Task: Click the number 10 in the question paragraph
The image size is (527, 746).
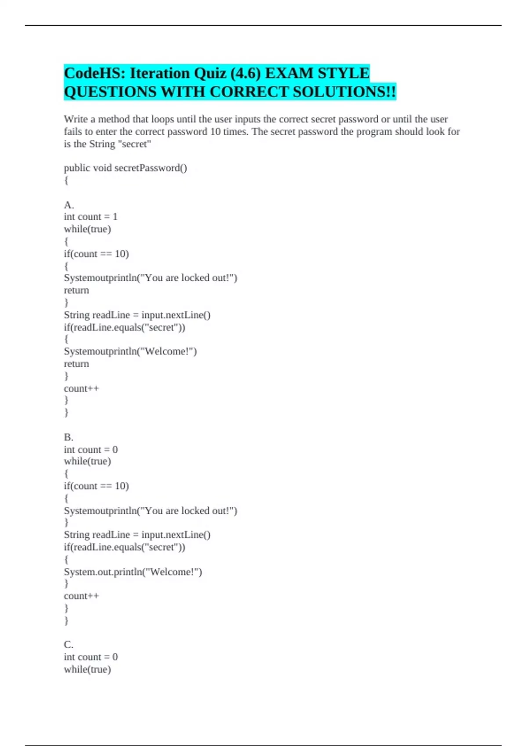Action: pyautogui.click(x=215, y=132)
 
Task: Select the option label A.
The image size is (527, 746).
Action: pyautogui.click(x=69, y=205)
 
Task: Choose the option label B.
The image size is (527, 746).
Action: pyautogui.click(x=69, y=437)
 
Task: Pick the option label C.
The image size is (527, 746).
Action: pyautogui.click(x=69, y=645)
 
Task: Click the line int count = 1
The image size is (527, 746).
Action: pyautogui.click(x=90, y=217)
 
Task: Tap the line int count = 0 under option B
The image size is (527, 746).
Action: pyautogui.click(x=90, y=449)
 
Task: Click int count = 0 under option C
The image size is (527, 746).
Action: pyautogui.click(x=90, y=657)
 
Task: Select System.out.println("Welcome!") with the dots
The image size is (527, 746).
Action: pyautogui.click(x=133, y=572)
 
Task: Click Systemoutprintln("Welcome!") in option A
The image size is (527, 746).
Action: pyautogui.click(x=130, y=351)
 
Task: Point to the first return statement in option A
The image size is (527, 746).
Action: pyautogui.click(x=76, y=291)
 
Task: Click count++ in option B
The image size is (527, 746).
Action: pyautogui.click(x=81, y=596)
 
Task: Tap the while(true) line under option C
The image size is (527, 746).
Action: pyautogui.click(x=87, y=669)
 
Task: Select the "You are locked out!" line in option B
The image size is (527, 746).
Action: pyautogui.click(x=150, y=511)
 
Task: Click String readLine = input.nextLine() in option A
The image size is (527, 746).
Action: pyautogui.click(x=137, y=315)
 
